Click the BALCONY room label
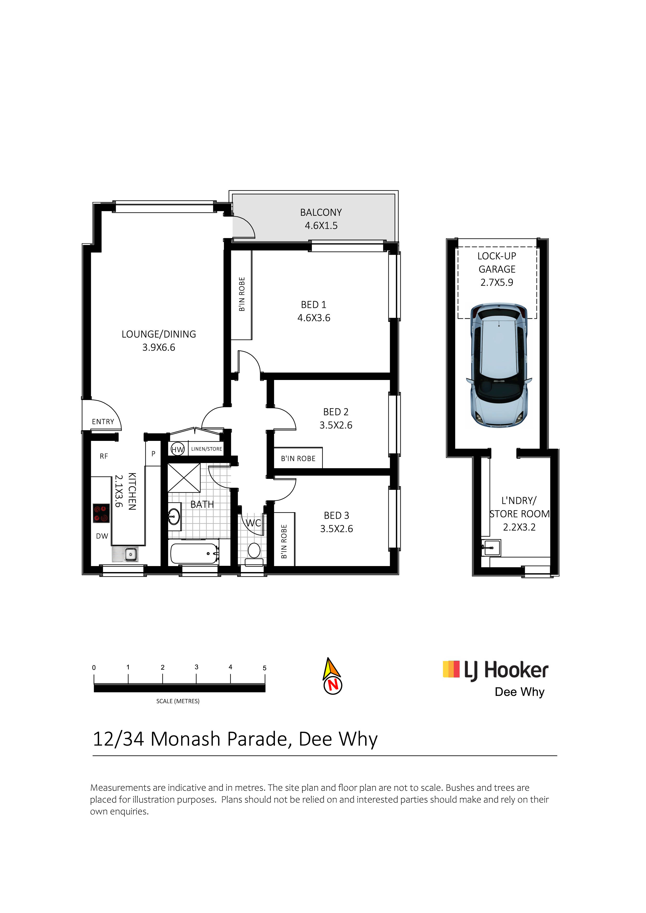[321, 212]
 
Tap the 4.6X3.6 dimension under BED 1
[314, 318]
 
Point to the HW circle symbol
[177, 449]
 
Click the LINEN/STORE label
[207, 449]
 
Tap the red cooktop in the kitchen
[101, 513]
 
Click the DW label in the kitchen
[102, 536]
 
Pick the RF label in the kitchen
[104, 456]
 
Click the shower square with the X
[184, 478]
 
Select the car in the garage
[499, 365]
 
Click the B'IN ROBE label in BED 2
[298, 459]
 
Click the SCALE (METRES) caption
[178, 701]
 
